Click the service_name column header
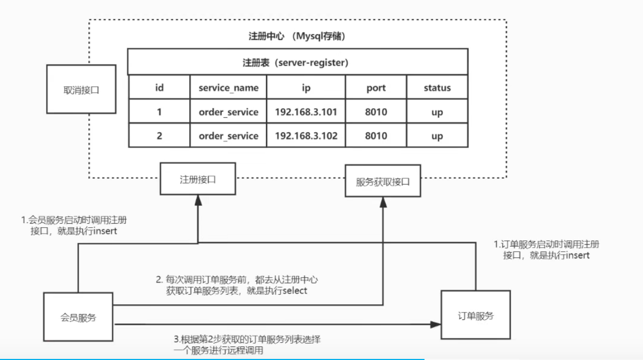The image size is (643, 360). [228, 87]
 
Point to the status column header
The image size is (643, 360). [437, 87]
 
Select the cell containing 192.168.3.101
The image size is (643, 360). [306, 111]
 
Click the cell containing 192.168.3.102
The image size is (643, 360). [306, 135]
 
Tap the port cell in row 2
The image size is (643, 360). [376, 135]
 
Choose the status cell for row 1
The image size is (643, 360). [437, 111]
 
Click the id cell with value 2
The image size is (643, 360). [159, 135]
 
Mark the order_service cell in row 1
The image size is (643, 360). [228, 111]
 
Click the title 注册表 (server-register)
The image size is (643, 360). [296, 63]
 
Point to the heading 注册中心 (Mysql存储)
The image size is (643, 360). [297, 36]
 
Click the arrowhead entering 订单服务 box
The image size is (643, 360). [436, 325]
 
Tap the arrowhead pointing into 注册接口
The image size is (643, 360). [198, 200]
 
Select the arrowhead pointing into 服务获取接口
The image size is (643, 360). [383, 202]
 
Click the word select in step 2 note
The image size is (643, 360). [295, 290]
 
